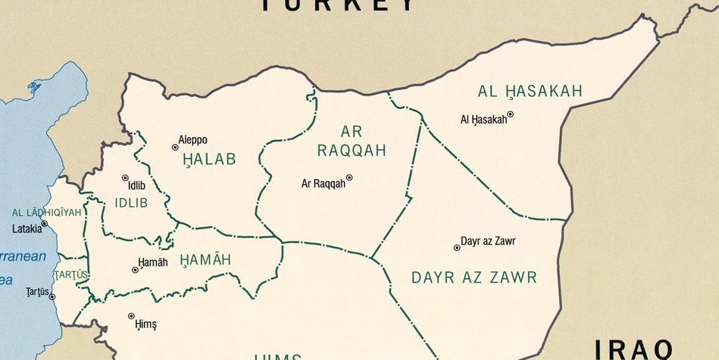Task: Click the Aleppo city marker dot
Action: pos(175,147)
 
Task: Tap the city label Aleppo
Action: pos(192,139)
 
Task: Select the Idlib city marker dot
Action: pos(125,178)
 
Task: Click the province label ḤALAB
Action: pos(209,159)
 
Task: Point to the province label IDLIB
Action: pos(131,203)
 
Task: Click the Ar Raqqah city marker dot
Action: pos(349,178)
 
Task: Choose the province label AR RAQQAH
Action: pos(352,141)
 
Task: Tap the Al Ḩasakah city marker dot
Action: pos(510,114)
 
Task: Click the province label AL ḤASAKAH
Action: pos(530,92)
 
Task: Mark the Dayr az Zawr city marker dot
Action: pos(457,247)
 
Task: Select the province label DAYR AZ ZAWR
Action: pos(474,277)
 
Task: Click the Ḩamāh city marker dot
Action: pos(136,269)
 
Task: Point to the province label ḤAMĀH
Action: pos(205,260)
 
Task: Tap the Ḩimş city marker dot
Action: pos(131,316)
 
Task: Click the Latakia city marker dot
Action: pos(44,224)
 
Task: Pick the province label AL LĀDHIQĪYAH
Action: pos(46,212)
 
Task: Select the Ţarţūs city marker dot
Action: pos(52,296)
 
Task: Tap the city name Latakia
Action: pos(27,228)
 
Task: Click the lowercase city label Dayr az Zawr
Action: pos(488,242)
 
